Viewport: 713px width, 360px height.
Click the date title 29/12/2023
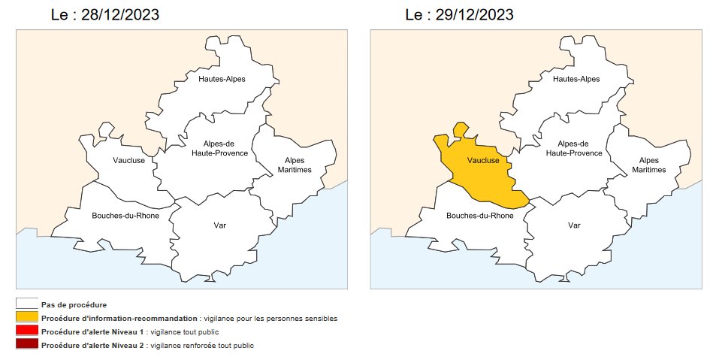pyautogui.click(x=459, y=15)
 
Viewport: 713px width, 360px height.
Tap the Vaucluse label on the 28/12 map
pyautogui.click(x=128, y=160)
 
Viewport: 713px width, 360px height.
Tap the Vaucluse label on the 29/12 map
pyautogui.click(x=483, y=160)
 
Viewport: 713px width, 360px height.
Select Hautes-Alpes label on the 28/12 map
pyautogui.click(x=222, y=79)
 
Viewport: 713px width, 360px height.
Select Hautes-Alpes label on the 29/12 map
pyautogui.click(x=576, y=79)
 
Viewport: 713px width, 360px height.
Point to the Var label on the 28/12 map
pyautogui.click(x=220, y=225)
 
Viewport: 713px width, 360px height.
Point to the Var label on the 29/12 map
pyautogui.click(x=575, y=225)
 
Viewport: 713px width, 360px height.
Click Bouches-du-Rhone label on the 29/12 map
pyautogui.click(x=480, y=216)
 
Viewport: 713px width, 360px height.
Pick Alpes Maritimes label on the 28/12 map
pyautogui.click(x=295, y=165)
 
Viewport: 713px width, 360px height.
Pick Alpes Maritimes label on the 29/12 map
pyautogui.click(x=648, y=165)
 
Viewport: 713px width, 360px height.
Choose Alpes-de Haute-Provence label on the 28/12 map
pyautogui.click(x=219, y=148)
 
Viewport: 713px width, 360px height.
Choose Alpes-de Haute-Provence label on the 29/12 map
pyautogui.click(x=574, y=148)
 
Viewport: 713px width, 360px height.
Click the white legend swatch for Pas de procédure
pyautogui.click(x=27, y=304)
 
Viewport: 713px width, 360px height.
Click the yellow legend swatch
pyautogui.click(x=27, y=318)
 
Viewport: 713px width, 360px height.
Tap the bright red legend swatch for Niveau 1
pyautogui.click(x=27, y=331)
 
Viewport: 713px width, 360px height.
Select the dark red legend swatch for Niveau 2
pyautogui.click(x=27, y=346)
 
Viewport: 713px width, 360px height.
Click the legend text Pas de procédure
pyautogui.click(x=74, y=304)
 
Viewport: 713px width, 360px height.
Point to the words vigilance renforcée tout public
pyautogui.click(x=202, y=346)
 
